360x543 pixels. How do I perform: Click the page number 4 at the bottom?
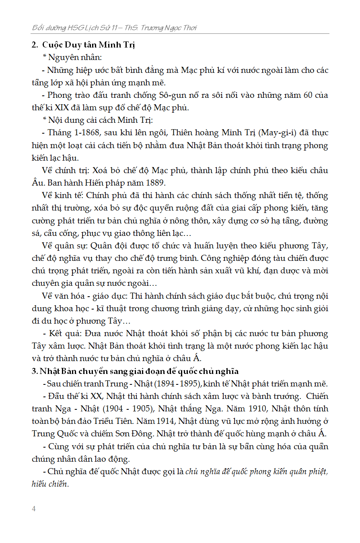tap(34, 508)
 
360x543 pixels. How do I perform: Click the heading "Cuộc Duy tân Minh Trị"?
tap(88, 45)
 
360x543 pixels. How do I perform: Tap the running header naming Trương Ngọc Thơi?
tap(114, 28)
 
